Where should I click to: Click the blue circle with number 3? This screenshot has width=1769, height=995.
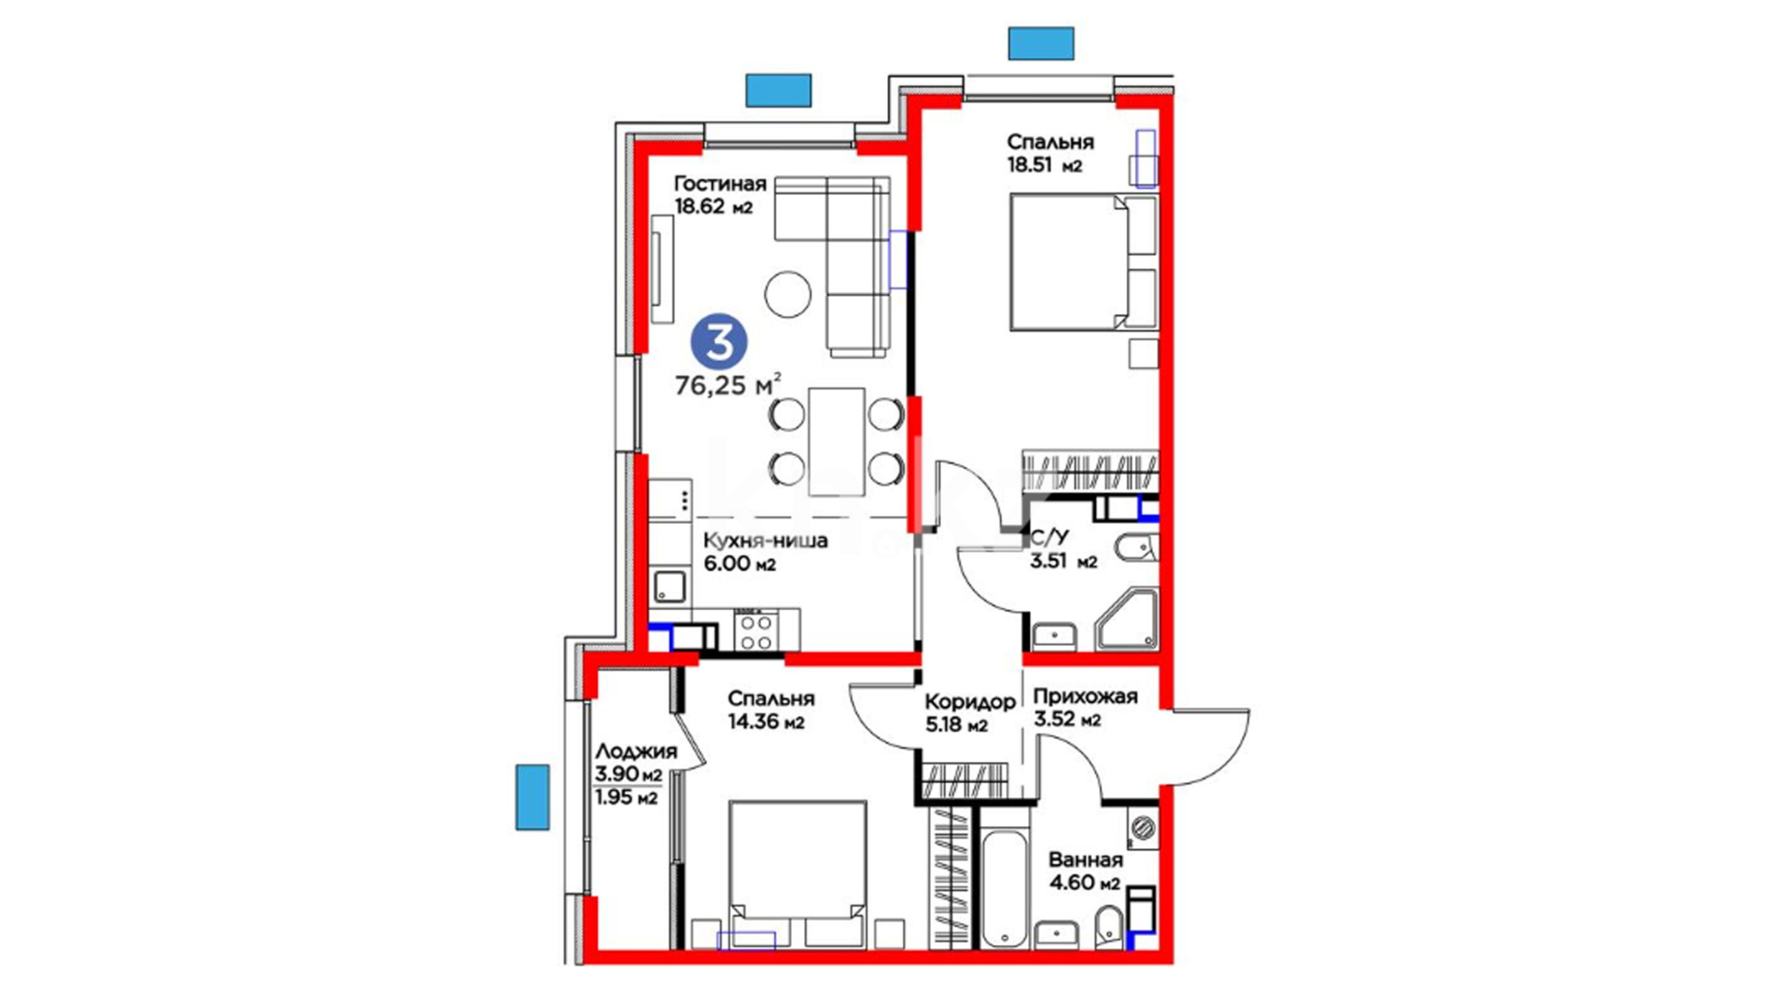(720, 342)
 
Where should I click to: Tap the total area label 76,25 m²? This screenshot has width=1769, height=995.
(728, 384)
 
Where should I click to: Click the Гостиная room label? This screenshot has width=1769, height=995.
(720, 183)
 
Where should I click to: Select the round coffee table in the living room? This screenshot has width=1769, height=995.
(788, 294)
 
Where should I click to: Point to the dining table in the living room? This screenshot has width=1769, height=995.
(837, 441)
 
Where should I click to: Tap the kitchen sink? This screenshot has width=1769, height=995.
(670, 587)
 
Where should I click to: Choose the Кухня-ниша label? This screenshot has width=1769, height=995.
(766, 541)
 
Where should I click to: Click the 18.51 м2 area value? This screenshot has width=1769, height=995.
(1044, 166)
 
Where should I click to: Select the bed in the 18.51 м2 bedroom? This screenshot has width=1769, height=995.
(1084, 262)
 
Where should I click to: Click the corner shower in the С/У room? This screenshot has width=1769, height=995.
(1125, 621)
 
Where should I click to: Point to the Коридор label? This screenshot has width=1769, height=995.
(970, 702)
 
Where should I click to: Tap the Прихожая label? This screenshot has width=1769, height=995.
(1085, 696)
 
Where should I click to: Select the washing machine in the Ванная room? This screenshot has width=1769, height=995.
(1143, 826)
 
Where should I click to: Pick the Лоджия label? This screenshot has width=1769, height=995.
(636, 752)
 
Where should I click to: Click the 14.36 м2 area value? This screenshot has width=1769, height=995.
(766, 722)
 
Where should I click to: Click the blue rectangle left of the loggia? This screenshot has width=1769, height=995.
(533, 797)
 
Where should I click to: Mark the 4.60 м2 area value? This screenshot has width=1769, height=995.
(1084, 883)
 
